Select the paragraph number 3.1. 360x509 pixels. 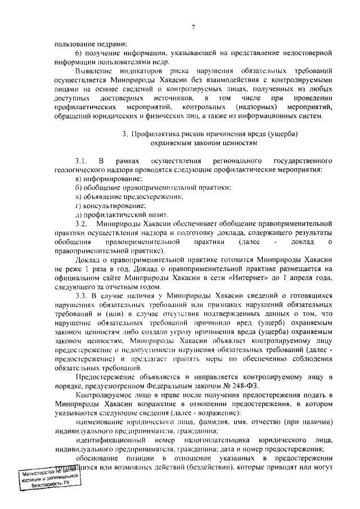coord(82,161)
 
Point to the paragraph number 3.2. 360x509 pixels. coord(82,224)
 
